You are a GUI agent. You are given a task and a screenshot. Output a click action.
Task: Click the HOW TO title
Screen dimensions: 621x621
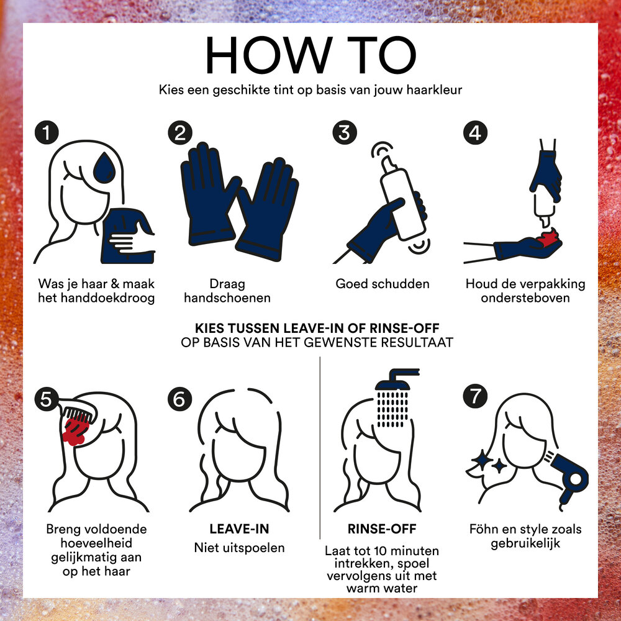pyautogui.click(x=311, y=55)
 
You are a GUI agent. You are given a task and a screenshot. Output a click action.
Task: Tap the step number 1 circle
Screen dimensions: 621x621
pyautogui.click(x=47, y=132)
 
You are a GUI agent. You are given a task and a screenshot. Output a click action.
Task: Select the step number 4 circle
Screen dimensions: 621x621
pyautogui.click(x=475, y=132)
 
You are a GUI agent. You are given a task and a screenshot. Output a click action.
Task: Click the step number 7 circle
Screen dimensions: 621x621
pyautogui.click(x=475, y=396)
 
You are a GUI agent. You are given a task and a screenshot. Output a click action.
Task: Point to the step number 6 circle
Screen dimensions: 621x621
pyautogui.click(x=180, y=399)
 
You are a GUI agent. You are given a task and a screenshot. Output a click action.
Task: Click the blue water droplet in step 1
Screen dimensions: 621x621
pyautogui.click(x=104, y=168)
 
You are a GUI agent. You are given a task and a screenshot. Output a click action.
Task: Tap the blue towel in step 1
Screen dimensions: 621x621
pyautogui.click(x=127, y=236)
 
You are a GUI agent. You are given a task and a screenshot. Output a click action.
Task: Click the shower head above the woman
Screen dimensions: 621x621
pyautogui.click(x=396, y=379)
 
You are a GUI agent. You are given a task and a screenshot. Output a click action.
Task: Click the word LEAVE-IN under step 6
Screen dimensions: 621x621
pyautogui.click(x=239, y=528)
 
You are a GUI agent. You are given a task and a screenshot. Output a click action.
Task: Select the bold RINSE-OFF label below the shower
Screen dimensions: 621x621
pyautogui.click(x=382, y=528)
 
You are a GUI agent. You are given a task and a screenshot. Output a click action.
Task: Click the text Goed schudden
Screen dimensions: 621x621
pyautogui.click(x=382, y=284)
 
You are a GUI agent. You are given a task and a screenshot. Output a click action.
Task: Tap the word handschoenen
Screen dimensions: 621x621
pyautogui.click(x=227, y=298)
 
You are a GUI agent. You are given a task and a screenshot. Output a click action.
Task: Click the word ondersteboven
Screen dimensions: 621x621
pyautogui.click(x=525, y=298)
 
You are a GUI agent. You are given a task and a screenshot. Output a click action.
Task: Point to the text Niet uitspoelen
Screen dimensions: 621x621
pyautogui.click(x=239, y=548)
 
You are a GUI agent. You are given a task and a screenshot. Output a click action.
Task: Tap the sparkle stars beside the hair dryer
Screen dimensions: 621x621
pyautogui.click(x=489, y=462)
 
